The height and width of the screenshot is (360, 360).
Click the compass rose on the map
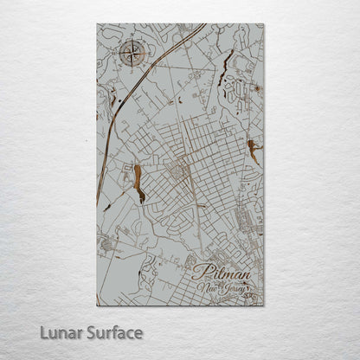pyautogui.click(x=132, y=55)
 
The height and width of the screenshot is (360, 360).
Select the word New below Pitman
pyautogui.click(x=206, y=285)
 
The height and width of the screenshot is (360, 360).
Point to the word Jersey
pyautogui.click(x=234, y=286)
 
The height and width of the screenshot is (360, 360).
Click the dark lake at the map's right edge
pyautogui.click(x=253, y=152)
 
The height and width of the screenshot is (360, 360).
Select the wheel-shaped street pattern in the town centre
pyautogui.click(x=180, y=170)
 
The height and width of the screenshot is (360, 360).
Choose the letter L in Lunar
pyautogui.click(x=40, y=332)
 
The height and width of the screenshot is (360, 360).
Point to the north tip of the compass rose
pyautogui.click(x=132, y=42)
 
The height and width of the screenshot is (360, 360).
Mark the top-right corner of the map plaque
pyautogui.click(x=263, y=24)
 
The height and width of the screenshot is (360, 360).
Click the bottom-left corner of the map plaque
pyautogui.click(x=97, y=305)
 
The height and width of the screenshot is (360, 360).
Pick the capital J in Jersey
pyautogui.click(x=223, y=286)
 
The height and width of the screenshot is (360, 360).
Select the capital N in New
pyautogui.click(x=199, y=285)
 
